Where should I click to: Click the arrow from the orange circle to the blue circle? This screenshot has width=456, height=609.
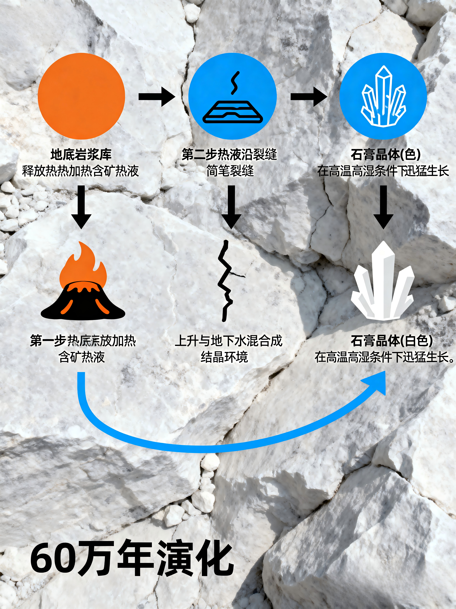tap(157, 97)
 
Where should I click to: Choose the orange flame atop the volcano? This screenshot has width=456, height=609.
tap(83, 266)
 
